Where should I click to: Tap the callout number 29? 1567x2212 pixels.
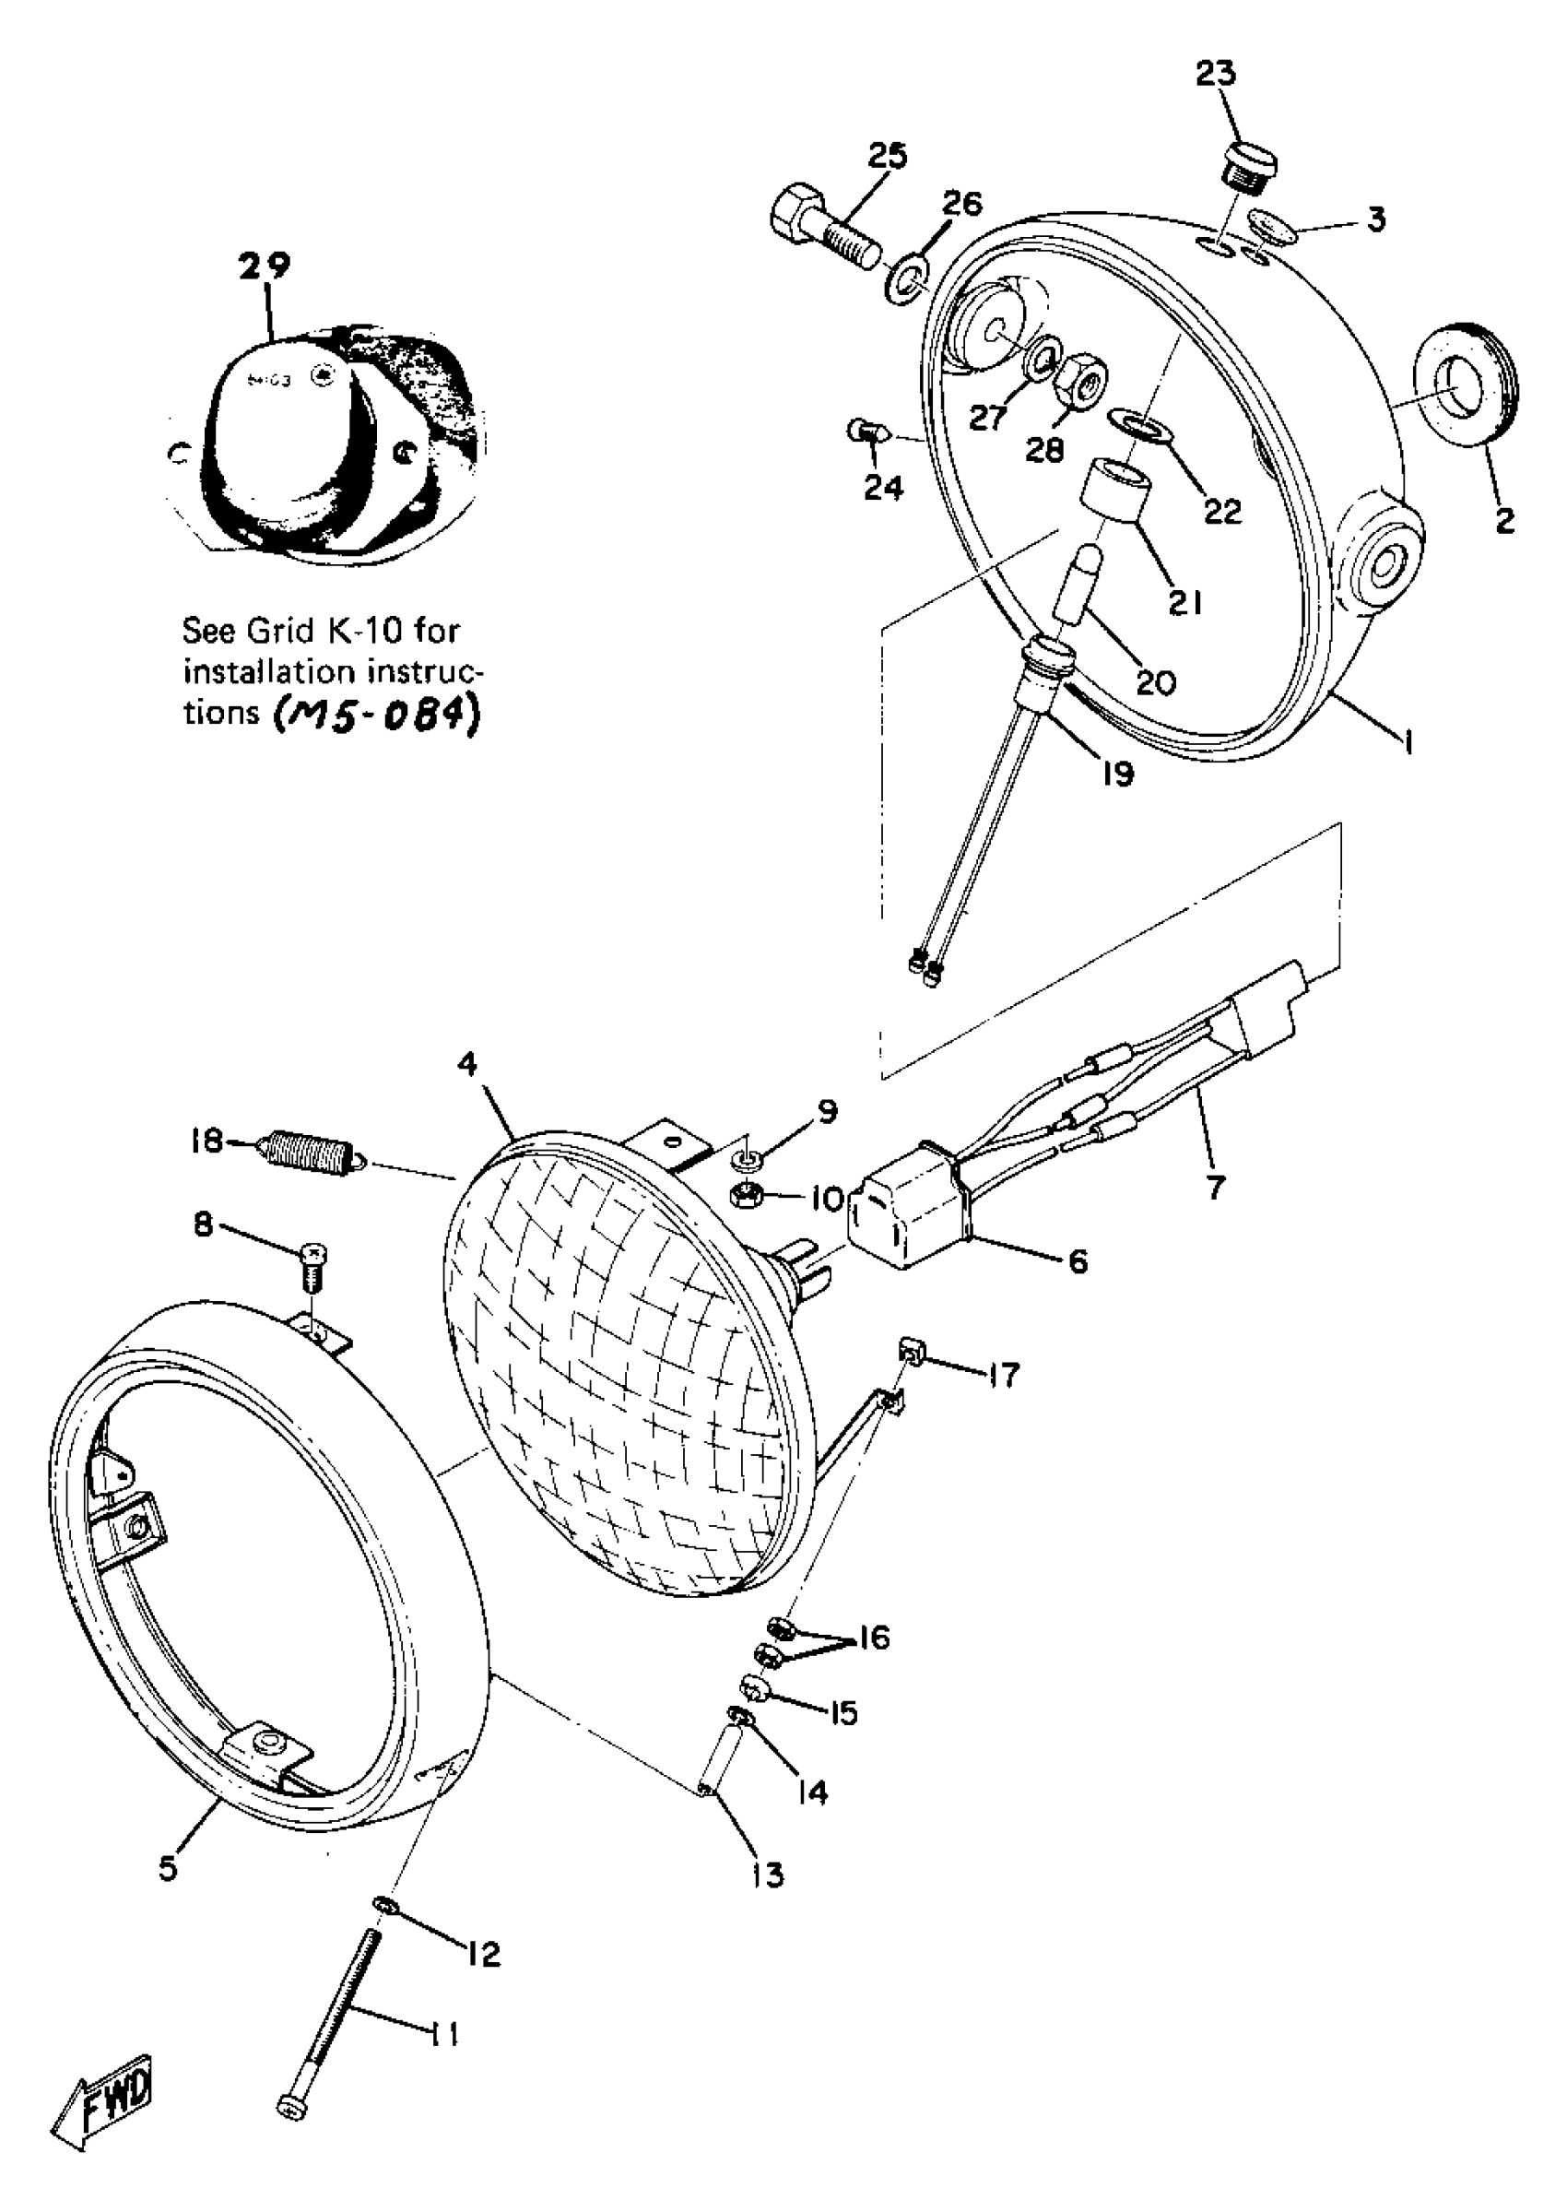(265, 266)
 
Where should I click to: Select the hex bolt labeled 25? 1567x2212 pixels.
(825, 228)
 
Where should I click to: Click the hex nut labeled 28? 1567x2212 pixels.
(1081, 387)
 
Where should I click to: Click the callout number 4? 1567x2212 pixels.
(467, 1063)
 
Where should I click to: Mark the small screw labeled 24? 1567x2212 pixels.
(863, 432)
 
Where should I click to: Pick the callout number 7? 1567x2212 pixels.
(1215, 1185)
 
